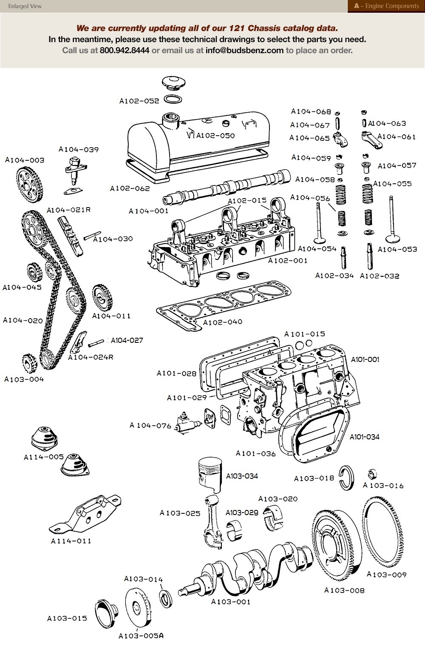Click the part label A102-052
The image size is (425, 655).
[139, 101]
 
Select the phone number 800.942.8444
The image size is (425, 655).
[125, 51]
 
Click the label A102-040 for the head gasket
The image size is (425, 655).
[222, 322]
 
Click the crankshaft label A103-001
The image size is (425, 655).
[231, 602]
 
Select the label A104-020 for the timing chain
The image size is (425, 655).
[23, 320]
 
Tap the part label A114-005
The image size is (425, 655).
[44, 457]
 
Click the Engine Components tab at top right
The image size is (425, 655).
[386, 6]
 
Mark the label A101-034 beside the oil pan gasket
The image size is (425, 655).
[364, 437]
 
